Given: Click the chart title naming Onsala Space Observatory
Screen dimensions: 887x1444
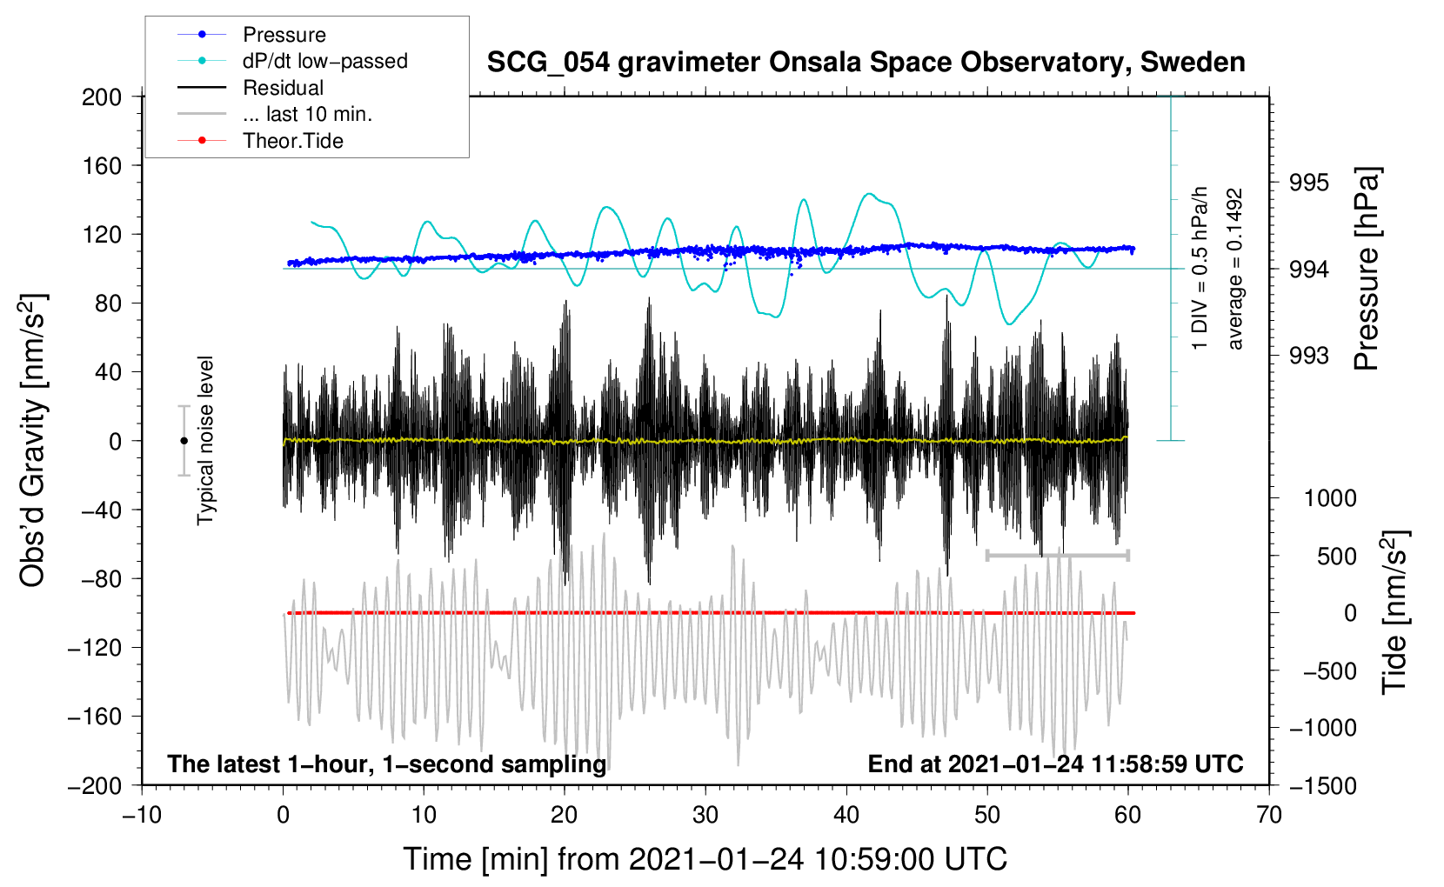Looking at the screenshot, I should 866,63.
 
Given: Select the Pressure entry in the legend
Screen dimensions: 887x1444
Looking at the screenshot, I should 284,35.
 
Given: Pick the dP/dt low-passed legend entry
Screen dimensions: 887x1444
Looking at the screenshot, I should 324,61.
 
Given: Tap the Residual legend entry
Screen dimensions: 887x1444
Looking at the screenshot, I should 283,88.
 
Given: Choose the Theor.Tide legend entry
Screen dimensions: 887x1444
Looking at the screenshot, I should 292,141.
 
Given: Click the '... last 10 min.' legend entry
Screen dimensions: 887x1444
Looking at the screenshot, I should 307,114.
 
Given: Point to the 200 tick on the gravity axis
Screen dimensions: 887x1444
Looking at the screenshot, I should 102,97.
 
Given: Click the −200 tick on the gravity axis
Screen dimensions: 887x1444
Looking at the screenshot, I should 96,785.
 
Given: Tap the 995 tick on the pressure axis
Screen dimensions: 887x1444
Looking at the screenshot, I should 1309,183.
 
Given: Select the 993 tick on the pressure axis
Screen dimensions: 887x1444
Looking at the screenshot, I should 1309,356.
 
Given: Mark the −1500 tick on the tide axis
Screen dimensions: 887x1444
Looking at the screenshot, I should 1322,785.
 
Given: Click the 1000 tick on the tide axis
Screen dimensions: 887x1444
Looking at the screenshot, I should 1329,498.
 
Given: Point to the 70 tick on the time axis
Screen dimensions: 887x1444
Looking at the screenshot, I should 1269,815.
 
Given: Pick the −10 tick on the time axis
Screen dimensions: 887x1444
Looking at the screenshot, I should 142,815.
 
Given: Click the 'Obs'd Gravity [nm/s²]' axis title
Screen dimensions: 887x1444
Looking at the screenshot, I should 33,440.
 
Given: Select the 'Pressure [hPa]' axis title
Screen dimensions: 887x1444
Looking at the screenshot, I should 1367,270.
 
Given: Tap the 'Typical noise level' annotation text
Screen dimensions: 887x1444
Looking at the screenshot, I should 205,440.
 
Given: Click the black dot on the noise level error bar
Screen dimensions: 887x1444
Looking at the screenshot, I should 184,441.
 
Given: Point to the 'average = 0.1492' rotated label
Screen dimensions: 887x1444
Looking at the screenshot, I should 1235,270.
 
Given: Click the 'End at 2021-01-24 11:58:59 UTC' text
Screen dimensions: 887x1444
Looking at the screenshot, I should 1055,764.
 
